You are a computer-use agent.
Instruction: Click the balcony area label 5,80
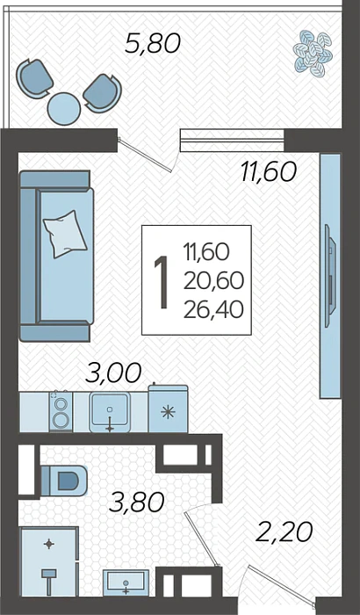153,43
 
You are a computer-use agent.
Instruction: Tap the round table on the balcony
64,109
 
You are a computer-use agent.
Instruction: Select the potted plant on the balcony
313,54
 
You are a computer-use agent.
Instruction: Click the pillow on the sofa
65,235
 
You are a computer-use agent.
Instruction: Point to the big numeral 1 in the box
162,282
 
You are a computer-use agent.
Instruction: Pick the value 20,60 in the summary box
213,281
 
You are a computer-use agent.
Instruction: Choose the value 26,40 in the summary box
213,309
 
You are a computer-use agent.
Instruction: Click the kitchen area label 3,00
113,373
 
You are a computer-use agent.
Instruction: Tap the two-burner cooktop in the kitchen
61,411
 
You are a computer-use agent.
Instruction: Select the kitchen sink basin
110,412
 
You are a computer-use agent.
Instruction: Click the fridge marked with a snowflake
168,409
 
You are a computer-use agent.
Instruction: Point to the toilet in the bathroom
63,481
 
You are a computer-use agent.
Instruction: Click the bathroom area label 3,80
136,503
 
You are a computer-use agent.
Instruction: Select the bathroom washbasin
126,583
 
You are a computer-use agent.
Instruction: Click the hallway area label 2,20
284,532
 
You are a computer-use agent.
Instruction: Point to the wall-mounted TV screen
331,276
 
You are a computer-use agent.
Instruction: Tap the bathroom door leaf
202,538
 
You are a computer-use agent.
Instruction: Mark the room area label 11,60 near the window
269,172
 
